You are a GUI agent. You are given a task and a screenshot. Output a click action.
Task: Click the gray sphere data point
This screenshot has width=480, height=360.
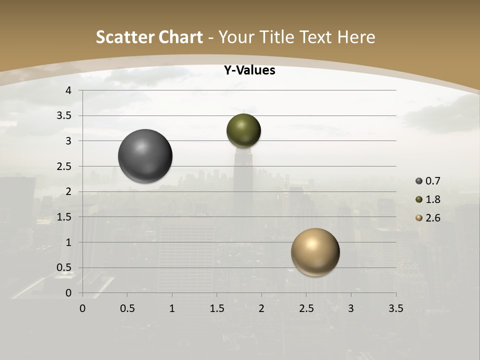coord(145,156)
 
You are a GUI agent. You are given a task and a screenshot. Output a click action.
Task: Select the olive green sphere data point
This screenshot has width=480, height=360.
coord(243,130)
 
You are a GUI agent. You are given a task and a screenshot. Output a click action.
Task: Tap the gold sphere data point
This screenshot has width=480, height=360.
coord(315,252)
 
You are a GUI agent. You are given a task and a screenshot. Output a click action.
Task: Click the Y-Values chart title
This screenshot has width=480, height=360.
coord(249,70)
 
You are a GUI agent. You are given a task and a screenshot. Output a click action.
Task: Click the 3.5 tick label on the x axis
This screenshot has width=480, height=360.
coord(395,308)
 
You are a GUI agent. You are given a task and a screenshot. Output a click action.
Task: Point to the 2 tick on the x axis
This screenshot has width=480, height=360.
coord(261,308)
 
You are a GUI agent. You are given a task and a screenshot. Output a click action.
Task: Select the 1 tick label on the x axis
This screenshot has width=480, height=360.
coord(172,308)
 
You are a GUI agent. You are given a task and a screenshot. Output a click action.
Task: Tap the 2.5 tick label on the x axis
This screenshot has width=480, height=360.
coord(306,308)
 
